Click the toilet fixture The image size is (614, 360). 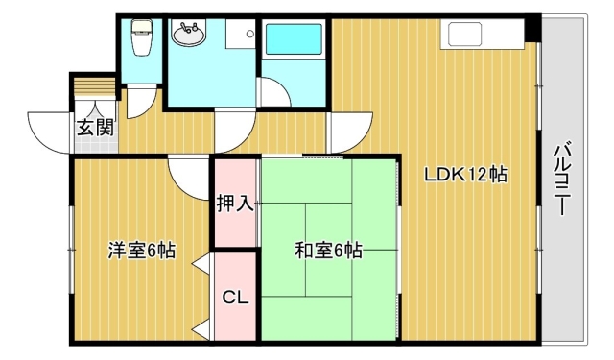point(140,37)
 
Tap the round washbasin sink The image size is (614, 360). point(189,34)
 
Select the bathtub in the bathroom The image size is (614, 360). point(295,39)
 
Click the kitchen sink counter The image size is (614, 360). point(482,35)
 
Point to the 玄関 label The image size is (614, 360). point(95,128)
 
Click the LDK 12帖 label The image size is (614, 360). point(466,175)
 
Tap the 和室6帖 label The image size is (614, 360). point(328,251)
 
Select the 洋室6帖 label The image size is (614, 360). point(142,251)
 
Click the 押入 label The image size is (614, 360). point(235,204)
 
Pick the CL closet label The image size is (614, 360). point(235,298)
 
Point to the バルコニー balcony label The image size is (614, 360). point(561,178)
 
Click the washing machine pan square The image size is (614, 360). point(241,34)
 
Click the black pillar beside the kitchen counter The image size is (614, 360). point(532,29)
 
